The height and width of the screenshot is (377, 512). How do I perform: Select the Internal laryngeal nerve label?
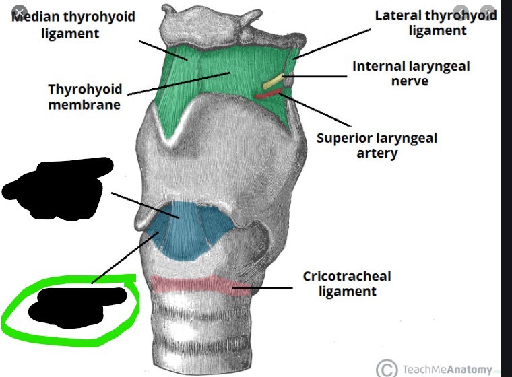tap(410, 73)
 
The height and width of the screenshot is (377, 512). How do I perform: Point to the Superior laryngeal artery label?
tap(377, 145)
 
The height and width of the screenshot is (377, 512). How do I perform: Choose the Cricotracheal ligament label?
tap(346, 283)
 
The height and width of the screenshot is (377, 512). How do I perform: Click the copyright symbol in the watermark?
tap(387, 368)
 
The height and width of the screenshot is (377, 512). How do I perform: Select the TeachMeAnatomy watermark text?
tap(447, 368)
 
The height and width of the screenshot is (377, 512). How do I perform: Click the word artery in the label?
tap(377, 153)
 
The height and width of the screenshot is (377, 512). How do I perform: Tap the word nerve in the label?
tap(410, 81)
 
